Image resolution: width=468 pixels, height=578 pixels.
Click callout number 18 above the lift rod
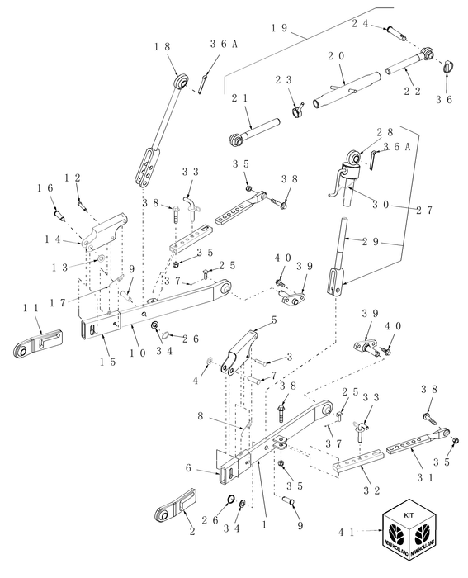[x=160, y=47]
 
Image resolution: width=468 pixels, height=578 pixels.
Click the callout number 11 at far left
[x=32, y=306]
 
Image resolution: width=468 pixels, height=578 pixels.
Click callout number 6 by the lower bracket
[x=191, y=468]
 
